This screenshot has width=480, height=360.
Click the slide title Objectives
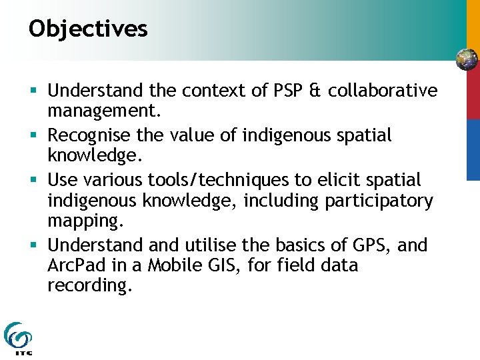[88, 29]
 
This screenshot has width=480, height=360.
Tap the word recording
[87, 285]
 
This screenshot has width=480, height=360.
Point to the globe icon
[467, 60]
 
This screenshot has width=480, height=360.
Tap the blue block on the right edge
[473, 149]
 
